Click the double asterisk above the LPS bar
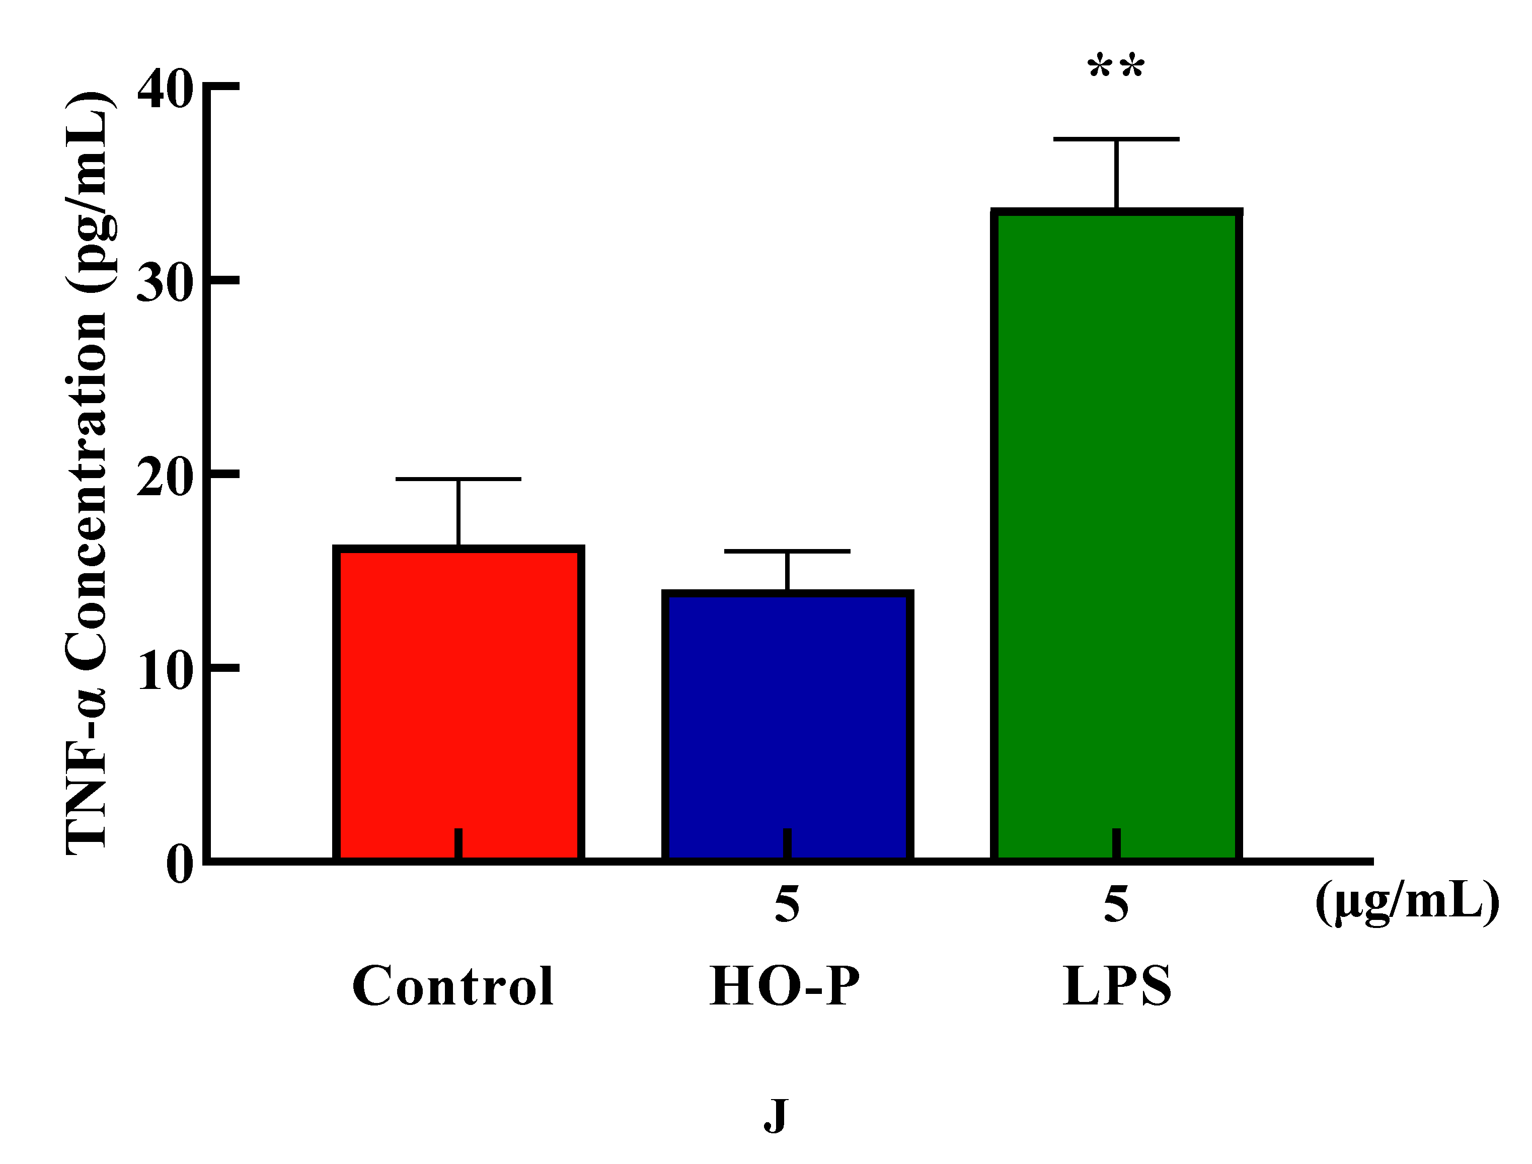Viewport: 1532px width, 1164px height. [1116, 68]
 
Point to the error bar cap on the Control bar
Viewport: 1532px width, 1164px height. [458, 479]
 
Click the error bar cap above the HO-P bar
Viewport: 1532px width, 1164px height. [787, 552]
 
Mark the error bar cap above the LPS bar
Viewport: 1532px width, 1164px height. [1116, 139]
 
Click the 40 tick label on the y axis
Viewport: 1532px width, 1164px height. [164, 90]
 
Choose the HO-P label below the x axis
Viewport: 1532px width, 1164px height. [785, 985]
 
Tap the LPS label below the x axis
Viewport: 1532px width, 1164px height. [1116, 985]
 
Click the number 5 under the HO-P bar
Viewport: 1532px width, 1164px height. [787, 904]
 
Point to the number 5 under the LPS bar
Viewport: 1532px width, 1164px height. [1116, 904]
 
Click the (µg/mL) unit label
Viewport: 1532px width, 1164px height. [1407, 903]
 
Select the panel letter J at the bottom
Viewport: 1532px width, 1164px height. [776, 1116]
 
